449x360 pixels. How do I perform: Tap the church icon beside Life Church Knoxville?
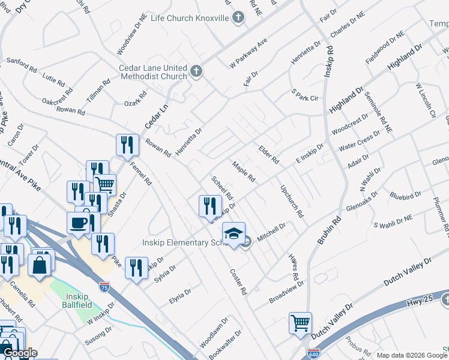239,17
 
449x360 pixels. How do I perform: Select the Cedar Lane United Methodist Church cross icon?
196,73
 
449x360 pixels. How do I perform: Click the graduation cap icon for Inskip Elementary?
234,233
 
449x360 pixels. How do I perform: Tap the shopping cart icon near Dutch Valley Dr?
300,322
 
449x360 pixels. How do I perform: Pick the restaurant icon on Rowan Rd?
127,145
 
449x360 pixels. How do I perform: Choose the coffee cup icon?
79,223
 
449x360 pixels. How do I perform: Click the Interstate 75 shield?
104,287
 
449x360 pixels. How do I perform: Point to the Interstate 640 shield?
313,354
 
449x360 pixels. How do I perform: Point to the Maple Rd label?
244,172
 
